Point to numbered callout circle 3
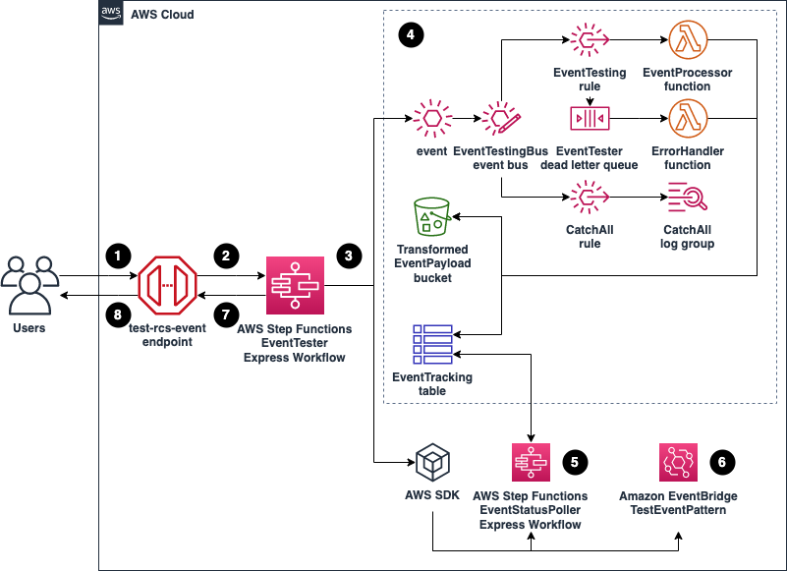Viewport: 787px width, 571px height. pos(348,256)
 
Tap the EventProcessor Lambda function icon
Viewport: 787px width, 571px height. pos(687,41)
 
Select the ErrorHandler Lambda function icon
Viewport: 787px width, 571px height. pos(687,120)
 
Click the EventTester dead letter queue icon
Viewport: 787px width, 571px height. pos(590,120)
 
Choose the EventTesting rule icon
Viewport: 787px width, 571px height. pos(590,41)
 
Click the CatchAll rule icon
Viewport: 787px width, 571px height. pos(590,199)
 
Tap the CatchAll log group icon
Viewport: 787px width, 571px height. pos(687,199)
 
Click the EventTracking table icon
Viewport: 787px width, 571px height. pos(431,344)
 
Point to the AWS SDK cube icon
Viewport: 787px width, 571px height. pos(431,462)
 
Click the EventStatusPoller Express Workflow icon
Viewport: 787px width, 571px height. pos(530,462)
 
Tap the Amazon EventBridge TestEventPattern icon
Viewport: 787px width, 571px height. pos(677,462)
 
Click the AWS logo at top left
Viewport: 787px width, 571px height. pos(113,13)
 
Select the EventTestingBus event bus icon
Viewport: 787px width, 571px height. pos(501,120)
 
